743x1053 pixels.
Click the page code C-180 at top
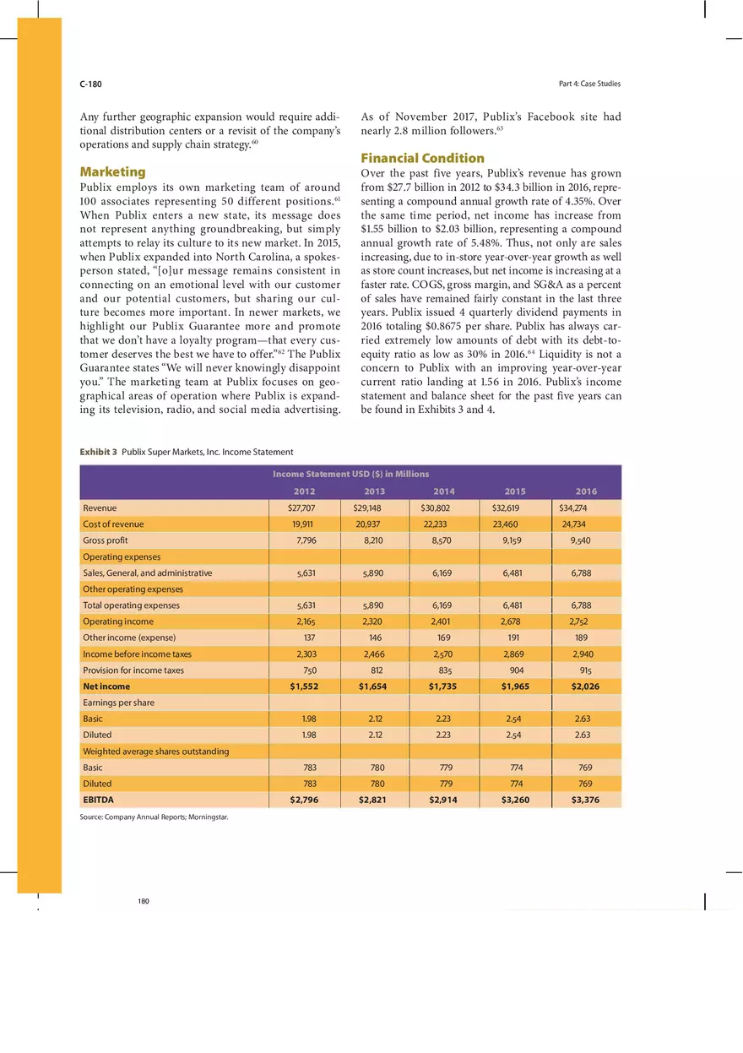90,84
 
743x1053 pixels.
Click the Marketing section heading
112,171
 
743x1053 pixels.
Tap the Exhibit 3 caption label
99,453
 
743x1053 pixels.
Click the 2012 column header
304,491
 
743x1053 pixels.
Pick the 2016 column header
586,491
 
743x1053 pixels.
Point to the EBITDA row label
98,800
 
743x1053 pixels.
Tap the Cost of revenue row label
113,524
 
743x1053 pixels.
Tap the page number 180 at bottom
144,902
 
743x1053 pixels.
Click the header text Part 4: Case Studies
589,84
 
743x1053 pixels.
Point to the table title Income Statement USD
350,475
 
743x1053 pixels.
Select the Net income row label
106,687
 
